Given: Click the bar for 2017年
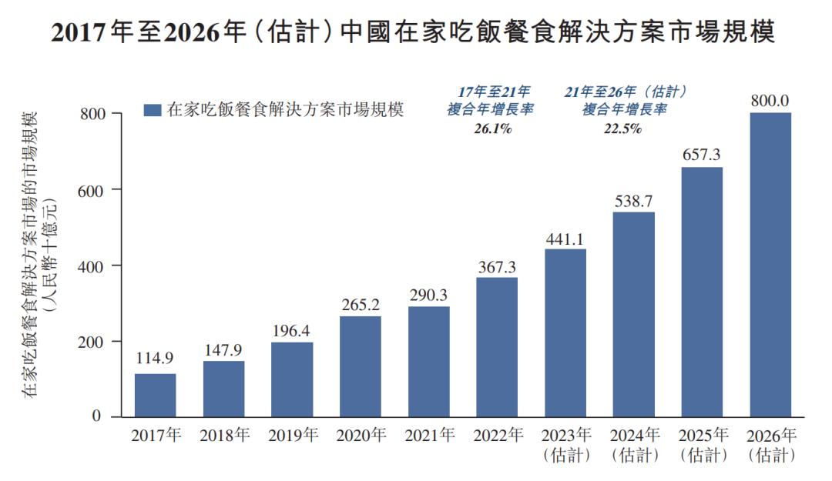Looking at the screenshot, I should click(x=155, y=395).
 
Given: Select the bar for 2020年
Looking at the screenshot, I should click(x=360, y=366).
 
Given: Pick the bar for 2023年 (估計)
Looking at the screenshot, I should click(x=565, y=332).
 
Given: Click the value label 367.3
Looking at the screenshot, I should click(x=497, y=267).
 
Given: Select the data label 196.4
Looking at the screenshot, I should click(x=292, y=330).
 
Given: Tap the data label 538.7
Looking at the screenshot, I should click(x=633, y=201).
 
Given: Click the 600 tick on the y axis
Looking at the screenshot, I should click(x=91, y=189).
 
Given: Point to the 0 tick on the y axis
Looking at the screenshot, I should click(x=97, y=416).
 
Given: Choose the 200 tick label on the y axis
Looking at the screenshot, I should click(x=91, y=341).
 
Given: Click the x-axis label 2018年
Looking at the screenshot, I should click(x=223, y=436).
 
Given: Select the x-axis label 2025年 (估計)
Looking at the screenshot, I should click(x=702, y=445).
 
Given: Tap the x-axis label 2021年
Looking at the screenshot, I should click(x=428, y=436).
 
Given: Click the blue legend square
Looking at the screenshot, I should click(x=153, y=110).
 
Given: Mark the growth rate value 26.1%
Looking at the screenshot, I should click(x=492, y=129).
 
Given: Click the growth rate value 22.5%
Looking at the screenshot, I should click(x=623, y=129).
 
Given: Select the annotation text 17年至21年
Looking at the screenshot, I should click(x=491, y=91).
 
